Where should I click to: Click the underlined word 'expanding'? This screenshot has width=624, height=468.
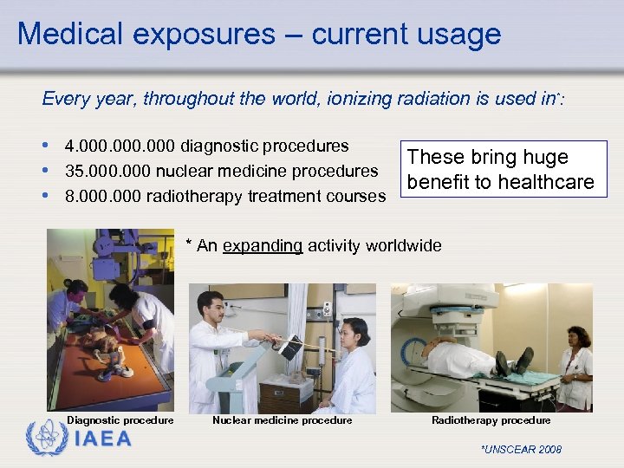tap(263, 245)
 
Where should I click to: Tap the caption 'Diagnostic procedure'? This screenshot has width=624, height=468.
tap(120, 420)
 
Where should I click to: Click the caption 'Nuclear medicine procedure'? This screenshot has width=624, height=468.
tap(283, 420)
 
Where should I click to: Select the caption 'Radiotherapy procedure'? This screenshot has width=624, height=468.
tap(491, 420)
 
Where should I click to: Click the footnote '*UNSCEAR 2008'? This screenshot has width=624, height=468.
tap(521, 449)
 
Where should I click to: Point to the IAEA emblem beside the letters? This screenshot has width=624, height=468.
tap(45, 439)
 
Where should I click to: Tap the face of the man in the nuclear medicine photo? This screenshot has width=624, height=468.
tap(213, 305)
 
